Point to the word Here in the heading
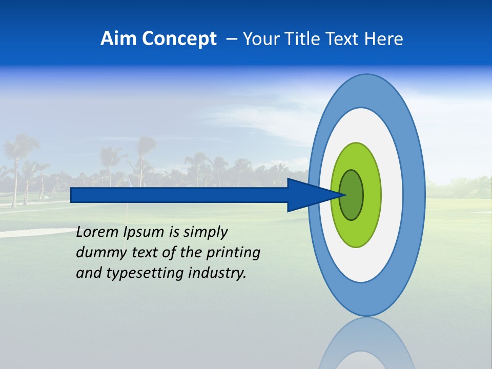coord(383,38)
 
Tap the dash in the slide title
coord(231,39)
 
